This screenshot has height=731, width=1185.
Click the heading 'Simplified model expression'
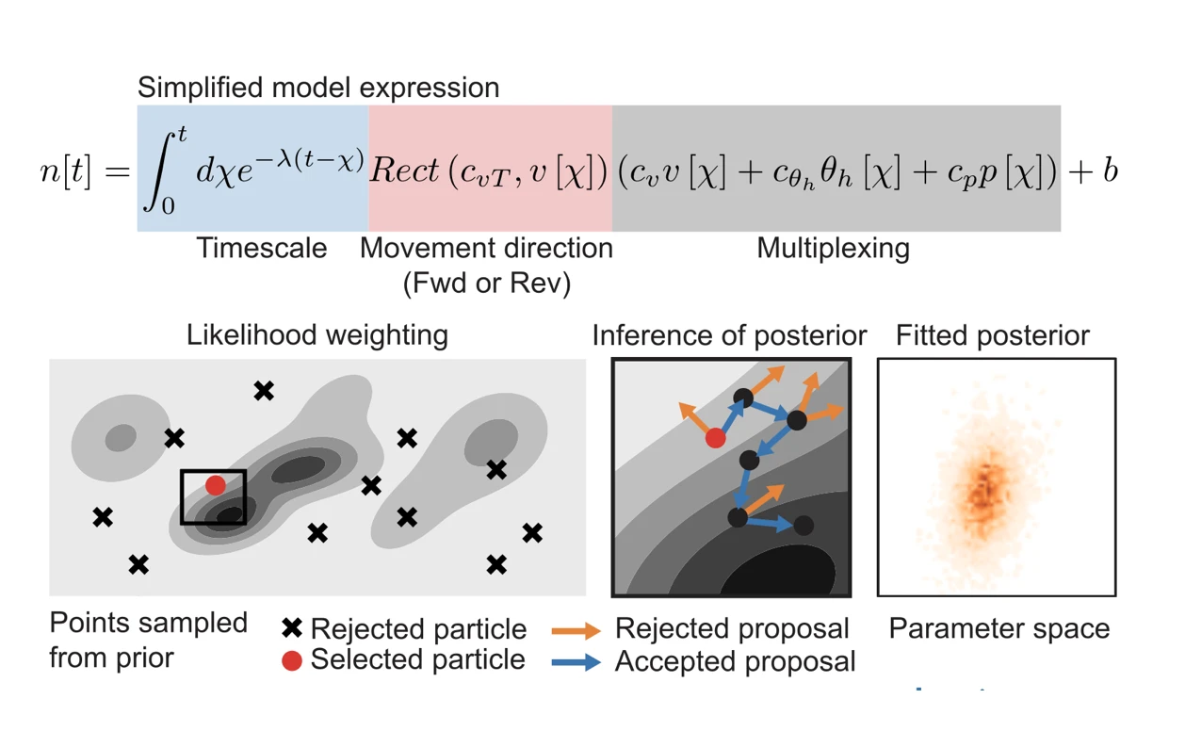coord(317,88)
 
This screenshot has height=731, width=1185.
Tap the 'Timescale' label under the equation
coord(261,249)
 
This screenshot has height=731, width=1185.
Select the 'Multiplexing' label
coord(833,249)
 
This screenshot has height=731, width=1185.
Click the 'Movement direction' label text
coord(486,249)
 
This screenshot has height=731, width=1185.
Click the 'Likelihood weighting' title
coord(317,334)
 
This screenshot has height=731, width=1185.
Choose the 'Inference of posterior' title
coord(729,335)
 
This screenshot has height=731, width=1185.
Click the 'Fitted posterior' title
coord(992,335)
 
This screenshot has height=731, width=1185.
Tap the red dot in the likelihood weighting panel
coord(216,485)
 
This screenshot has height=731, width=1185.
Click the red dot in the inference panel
coord(716,437)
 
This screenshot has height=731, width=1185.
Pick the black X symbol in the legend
coord(292,628)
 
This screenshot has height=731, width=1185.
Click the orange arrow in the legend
coord(576,629)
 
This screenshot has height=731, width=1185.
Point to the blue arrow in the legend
coord(576,661)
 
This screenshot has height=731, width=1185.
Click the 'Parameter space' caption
coord(998,628)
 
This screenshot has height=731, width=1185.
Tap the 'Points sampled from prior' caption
coord(148,640)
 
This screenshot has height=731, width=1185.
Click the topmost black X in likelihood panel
coord(264,390)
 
